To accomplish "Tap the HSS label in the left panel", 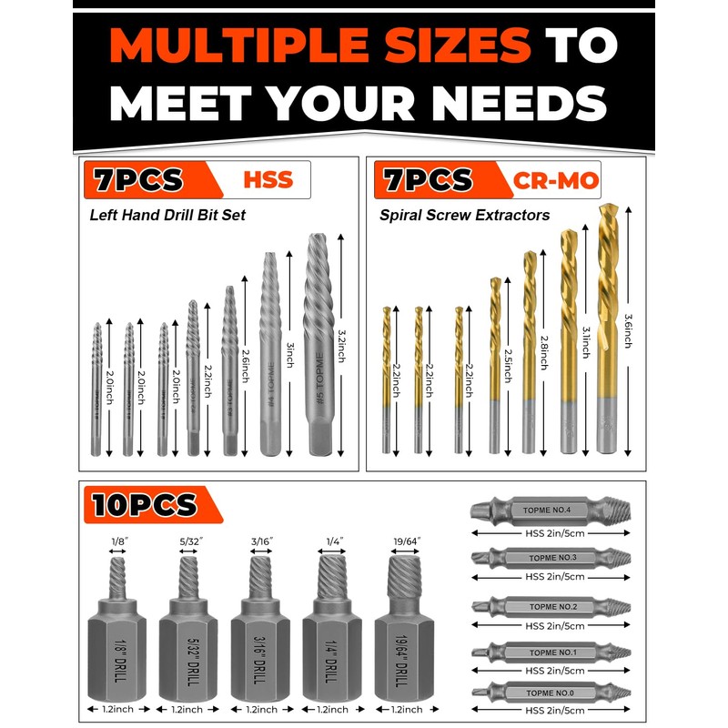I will tap(268, 179).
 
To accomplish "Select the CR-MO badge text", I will tap(556, 180).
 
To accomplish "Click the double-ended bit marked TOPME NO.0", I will tap(551, 693).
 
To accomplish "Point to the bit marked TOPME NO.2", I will tap(551, 605).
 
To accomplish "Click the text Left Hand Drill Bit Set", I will tap(168, 216).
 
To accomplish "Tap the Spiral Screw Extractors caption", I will tap(465, 216).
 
